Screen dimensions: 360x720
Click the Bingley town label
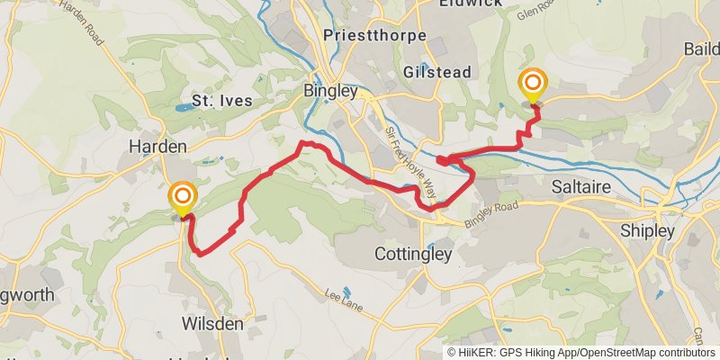point(330,92)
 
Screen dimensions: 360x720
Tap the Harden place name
point(157,146)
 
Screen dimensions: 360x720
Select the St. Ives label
point(221,101)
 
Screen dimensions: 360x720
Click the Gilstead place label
point(436,69)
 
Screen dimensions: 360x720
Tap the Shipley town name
point(647,231)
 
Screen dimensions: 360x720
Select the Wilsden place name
point(213,322)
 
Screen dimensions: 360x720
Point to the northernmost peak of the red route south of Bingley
point(306,142)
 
